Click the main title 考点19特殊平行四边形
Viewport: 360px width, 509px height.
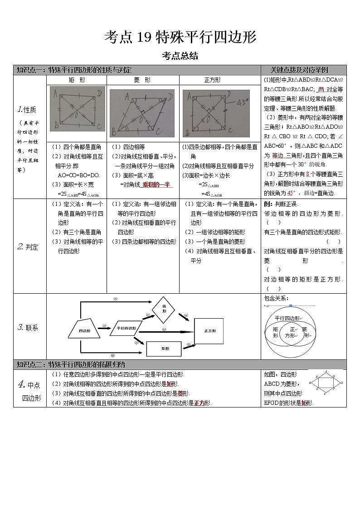(180, 37)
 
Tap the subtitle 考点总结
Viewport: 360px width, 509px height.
(180, 56)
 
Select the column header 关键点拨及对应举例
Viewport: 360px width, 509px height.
(303, 70)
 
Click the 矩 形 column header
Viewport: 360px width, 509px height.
(76, 80)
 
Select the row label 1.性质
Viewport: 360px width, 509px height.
(27, 109)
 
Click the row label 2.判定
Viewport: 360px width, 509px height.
(28, 247)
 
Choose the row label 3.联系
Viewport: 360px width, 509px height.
(28, 327)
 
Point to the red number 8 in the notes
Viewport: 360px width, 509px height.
(308, 174)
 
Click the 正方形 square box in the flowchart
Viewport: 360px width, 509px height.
(209, 331)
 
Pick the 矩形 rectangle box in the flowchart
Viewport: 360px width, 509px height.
(165, 349)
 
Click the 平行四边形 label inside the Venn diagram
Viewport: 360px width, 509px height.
(287, 318)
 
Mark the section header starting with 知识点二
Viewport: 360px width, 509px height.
(71, 364)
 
